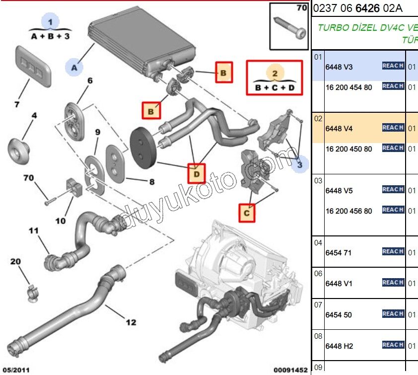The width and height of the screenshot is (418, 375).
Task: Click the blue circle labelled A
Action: click(x=74, y=67)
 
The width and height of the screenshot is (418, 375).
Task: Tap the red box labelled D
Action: click(x=197, y=173)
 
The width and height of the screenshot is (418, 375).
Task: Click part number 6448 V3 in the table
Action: click(x=339, y=67)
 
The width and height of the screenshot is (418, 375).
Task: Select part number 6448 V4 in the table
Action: click(x=339, y=129)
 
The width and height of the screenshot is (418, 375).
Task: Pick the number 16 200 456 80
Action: click(x=348, y=211)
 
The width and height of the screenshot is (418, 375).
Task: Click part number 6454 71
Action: click(x=339, y=253)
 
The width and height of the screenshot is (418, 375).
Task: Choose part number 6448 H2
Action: click(x=339, y=346)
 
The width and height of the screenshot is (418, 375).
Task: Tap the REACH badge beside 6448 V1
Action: click(x=393, y=283)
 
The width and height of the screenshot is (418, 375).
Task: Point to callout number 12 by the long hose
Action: click(x=131, y=322)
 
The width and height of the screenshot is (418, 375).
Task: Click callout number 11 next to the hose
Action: click(x=33, y=230)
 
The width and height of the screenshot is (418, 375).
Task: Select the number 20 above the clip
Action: click(x=15, y=262)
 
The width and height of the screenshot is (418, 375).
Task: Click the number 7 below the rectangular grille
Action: click(x=16, y=104)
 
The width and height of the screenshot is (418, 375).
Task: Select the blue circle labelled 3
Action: click(x=299, y=165)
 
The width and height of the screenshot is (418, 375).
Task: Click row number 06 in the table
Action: click(x=318, y=274)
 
